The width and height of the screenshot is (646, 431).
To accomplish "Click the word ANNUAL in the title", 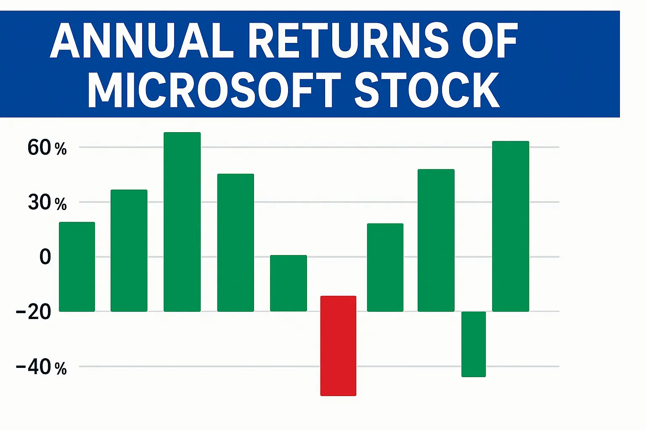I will pyautogui.click(x=142, y=41).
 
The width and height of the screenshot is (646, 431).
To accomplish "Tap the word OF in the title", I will pyautogui.click(x=489, y=41).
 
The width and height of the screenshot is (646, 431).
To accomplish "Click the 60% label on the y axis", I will pyautogui.click(x=47, y=148).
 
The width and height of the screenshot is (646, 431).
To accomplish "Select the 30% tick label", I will pyautogui.click(x=47, y=203).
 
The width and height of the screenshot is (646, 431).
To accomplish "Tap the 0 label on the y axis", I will pyautogui.click(x=45, y=257).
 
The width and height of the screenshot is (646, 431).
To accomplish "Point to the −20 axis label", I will pyautogui.click(x=34, y=312).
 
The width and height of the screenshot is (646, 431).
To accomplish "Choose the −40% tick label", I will pyautogui.click(x=41, y=367).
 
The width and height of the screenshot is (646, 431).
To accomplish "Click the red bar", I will pyautogui.click(x=338, y=346).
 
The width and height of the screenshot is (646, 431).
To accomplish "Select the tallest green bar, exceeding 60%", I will pyautogui.click(x=182, y=222).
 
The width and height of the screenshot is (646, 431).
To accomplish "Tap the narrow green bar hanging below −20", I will pyautogui.click(x=474, y=344).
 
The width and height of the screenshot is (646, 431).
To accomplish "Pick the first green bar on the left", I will pyautogui.click(x=77, y=266).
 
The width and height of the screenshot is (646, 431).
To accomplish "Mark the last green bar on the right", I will pyautogui.click(x=511, y=226).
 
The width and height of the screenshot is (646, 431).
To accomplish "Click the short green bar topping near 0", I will pyautogui.click(x=289, y=283).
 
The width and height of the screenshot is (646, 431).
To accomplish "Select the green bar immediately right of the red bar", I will pyautogui.click(x=385, y=267).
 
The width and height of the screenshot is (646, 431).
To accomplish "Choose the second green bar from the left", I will pyautogui.click(x=129, y=250).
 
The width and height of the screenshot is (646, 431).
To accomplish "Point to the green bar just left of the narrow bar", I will pyautogui.click(x=436, y=240).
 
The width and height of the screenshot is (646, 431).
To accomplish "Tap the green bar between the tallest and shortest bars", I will pyautogui.click(x=236, y=242).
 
